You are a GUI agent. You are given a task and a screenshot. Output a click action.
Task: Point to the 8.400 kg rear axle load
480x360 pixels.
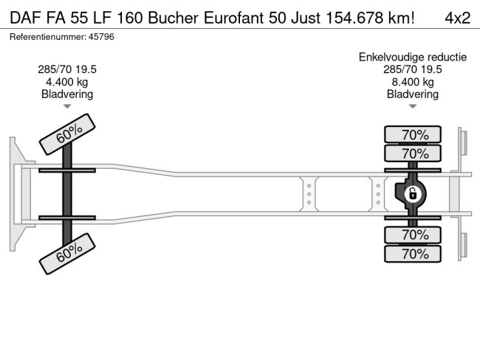pyautogui.click(x=413, y=82)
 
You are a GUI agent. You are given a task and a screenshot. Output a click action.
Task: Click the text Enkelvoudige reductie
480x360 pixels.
pyautogui.click(x=413, y=57)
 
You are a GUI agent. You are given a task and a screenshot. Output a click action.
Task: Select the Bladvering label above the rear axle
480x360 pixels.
pyautogui.click(x=413, y=94)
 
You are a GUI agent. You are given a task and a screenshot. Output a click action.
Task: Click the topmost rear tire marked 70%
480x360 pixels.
pyautogui.click(x=413, y=134)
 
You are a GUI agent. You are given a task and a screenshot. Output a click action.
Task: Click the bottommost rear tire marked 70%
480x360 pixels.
pyautogui.click(x=413, y=254)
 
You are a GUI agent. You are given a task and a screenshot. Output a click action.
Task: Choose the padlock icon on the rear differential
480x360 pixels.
pyautogui.click(x=414, y=195)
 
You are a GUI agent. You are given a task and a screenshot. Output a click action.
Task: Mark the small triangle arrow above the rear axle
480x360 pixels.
pyautogui.click(x=413, y=107)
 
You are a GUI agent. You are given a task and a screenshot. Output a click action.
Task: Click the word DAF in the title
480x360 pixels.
pyautogui.click(x=24, y=18)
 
